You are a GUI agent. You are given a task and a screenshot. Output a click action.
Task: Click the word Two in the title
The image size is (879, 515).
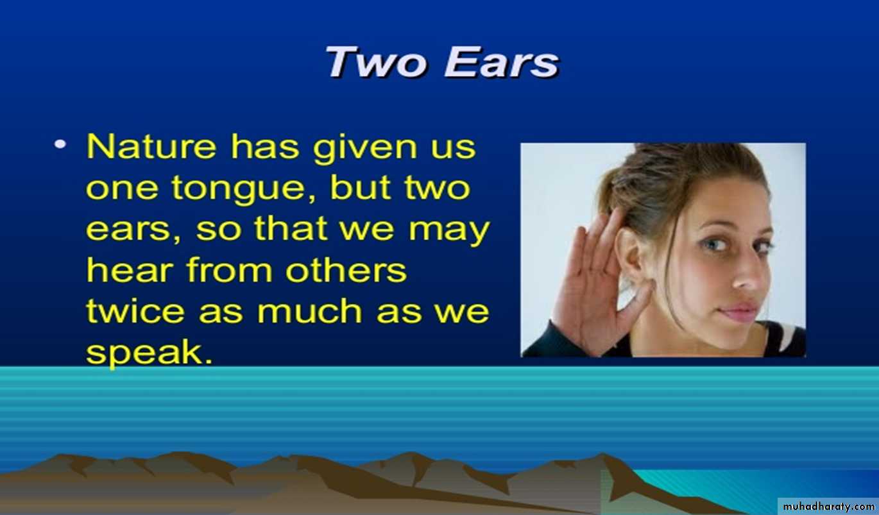click(x=376, y=62)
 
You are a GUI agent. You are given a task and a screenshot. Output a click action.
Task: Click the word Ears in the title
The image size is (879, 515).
click(x=502, y=62)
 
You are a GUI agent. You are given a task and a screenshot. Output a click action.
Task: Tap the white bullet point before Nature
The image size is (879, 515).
click(x=60, y=144)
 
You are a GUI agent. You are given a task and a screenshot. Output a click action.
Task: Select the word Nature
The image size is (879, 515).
click(x=151, y=147)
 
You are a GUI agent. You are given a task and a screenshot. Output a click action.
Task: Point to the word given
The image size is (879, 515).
click(x=365, y=148)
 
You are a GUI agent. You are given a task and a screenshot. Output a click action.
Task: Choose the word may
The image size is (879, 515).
click(x=449, y=232)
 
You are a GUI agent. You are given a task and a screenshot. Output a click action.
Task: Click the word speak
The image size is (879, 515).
click(x=149, y=353)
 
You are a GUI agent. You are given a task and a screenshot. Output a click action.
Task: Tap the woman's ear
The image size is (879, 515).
click(x=633, y=259)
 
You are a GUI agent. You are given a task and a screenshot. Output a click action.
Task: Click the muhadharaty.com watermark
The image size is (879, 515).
click(x=828, y=507)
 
